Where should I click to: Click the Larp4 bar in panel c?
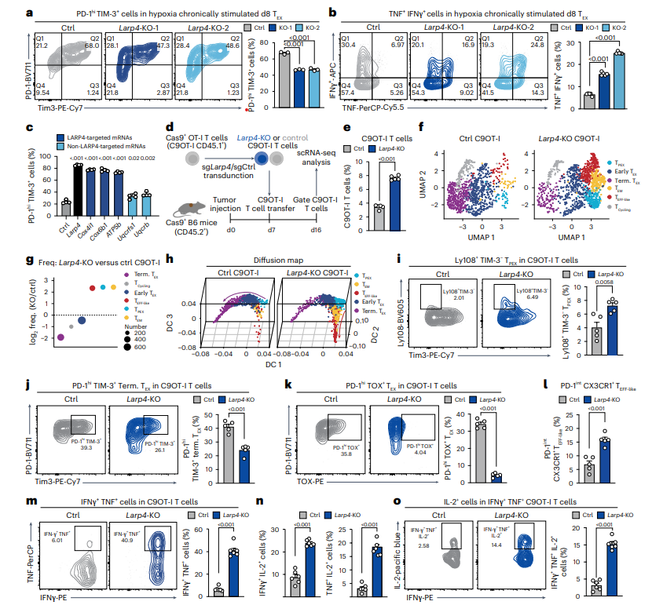[78, 186]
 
